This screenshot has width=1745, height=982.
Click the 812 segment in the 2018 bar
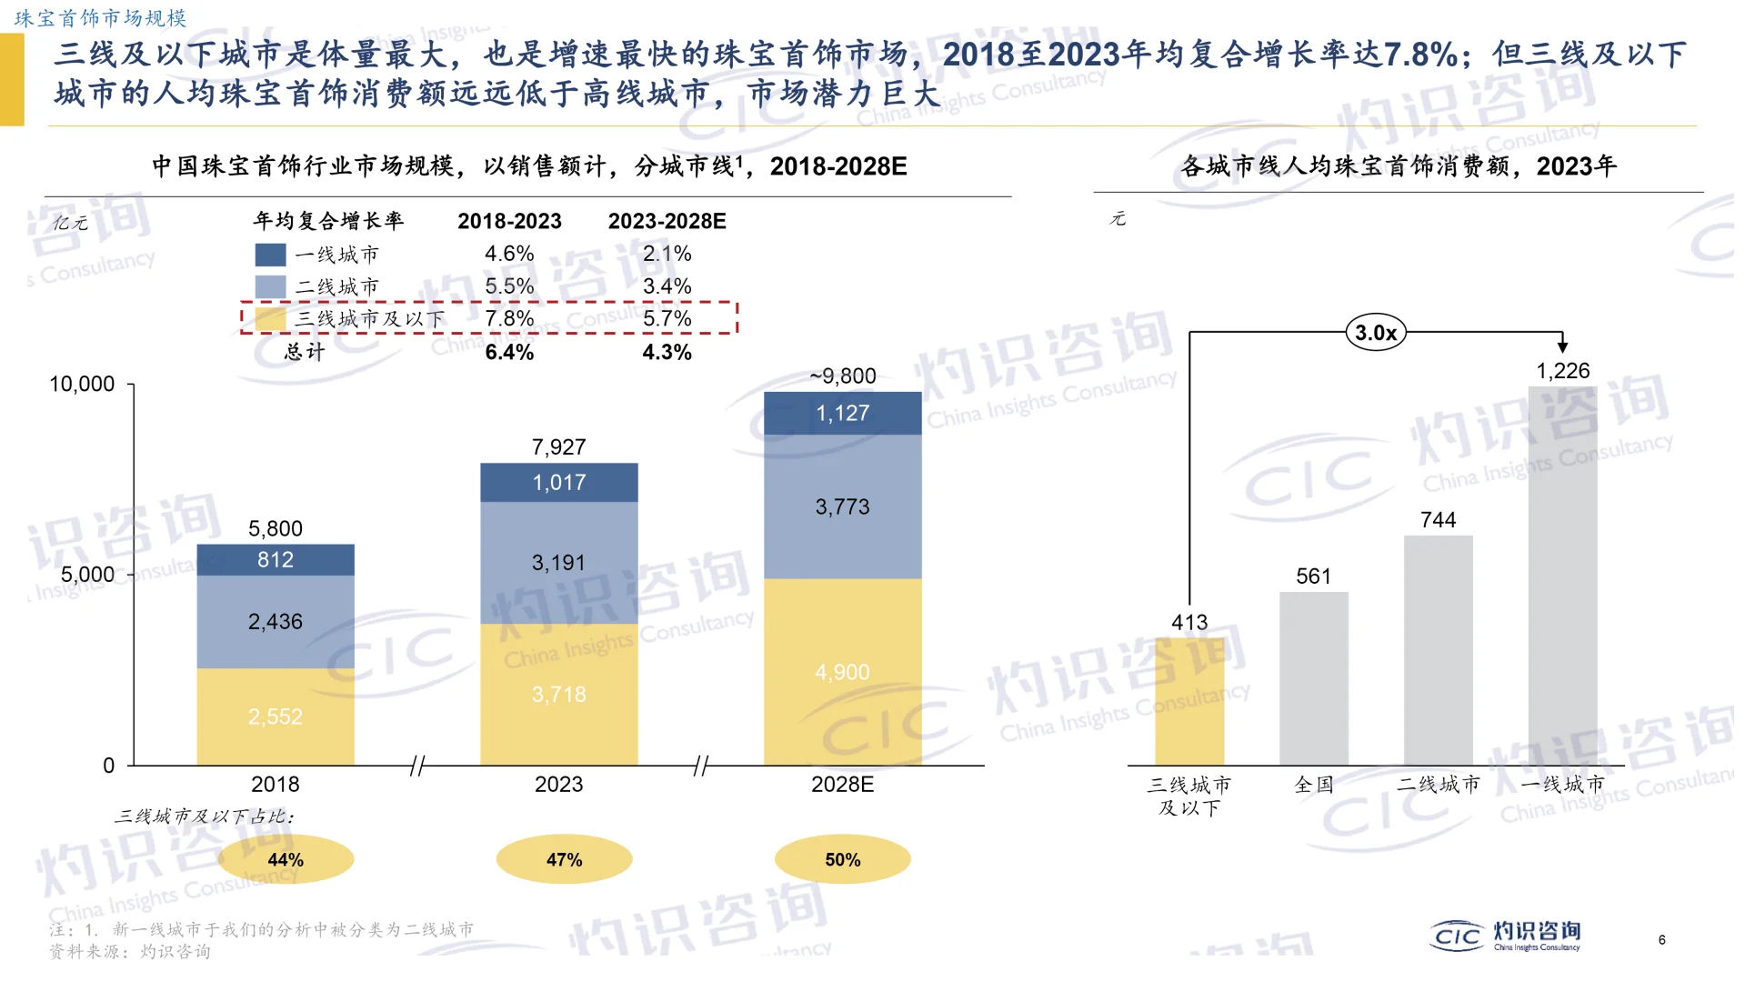pyautogui.click(x=276, y=559)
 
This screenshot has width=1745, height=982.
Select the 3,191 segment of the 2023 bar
pyautogui.click(x=558, y=562)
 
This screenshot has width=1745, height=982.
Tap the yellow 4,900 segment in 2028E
pyautogui.click(x=842, y=672)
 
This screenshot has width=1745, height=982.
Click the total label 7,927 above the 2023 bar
pyautogui.click(x=558, y=446)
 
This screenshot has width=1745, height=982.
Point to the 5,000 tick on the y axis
pyautogui.click(x=87, y=575)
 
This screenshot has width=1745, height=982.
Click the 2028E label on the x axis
pyautogui.click(x=842, y=784)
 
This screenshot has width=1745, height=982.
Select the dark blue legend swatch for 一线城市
pyautogui.click(x=270, y=255)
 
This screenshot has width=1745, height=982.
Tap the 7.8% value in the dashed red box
pyautogui.click(x=509, y=318)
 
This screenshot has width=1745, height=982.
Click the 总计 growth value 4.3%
pyautogui.click(x=667, y=352)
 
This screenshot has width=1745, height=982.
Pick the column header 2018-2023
pyautogui.click(x=509, y=221)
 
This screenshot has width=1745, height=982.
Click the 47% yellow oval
pyautogui.click(x=564, y=859)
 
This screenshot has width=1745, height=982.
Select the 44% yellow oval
pyautogui.click(x=286, y=859)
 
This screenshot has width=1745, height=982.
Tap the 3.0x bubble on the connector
pyautogui.click(x=1375, y=333)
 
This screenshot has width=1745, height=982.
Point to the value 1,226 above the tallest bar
pyautogui.click(x=1562, y=371)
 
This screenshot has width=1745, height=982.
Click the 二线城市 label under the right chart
pyautogui.click(x=1438, y=784)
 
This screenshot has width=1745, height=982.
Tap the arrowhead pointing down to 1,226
pyautogui.click(x=1562, y=346)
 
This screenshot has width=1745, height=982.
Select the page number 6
pyautogui.click(x=1661, y=939)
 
